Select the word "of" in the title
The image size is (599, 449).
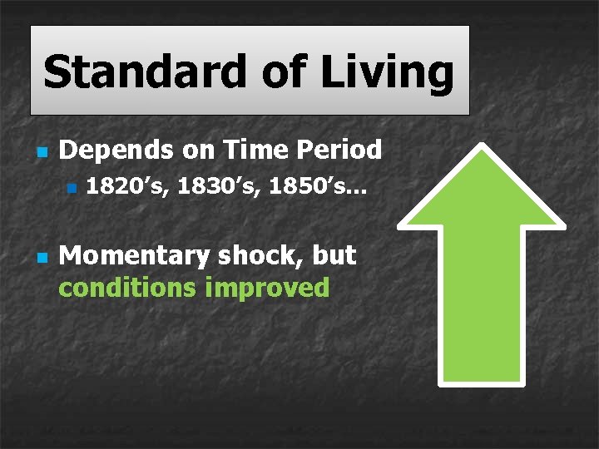click(287, 72)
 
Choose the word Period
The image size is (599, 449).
click(340, 150)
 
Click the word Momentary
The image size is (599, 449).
click(134, 256)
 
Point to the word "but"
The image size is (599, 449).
click(334, 256)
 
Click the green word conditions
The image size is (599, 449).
click(126, 288)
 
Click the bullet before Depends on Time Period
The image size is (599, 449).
click(40, 152)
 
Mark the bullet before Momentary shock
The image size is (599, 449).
click(40, 258)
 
